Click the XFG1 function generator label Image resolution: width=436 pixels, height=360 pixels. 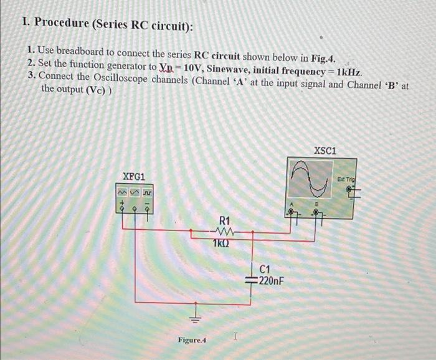coord(134,176)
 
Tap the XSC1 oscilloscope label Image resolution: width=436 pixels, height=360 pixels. coord(325,151)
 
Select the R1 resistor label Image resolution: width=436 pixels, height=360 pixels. coord(225,220)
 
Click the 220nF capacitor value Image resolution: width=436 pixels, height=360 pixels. coord(271,281)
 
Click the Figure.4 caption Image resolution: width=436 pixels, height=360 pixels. coord(192,340)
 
